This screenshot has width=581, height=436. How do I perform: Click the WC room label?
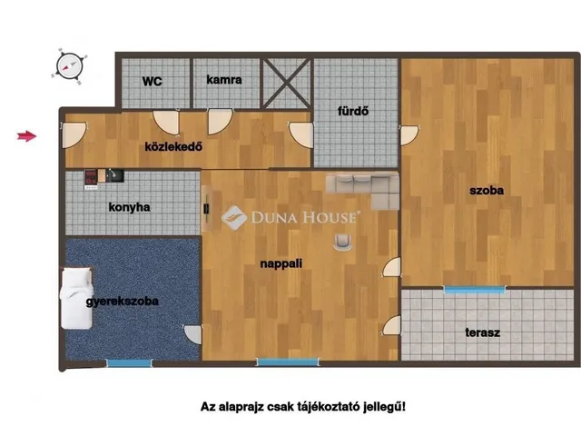click(x=151, y=80)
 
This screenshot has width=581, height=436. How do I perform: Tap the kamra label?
click(x=223, y=80)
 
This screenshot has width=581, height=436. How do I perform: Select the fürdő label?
click(x=352, y=113)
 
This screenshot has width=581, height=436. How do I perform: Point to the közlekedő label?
click(x=172, y=146)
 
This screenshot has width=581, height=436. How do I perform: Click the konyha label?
click(x=129, y=207)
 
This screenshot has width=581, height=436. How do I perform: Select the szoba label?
click(x=486, y=191)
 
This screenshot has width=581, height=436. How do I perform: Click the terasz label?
click(x=482, y=332)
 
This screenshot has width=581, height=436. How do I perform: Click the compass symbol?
click(x=69, y=64)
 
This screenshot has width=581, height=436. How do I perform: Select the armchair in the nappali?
click(x=344, y=240)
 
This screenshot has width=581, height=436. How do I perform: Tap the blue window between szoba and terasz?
click(x=475, y=289)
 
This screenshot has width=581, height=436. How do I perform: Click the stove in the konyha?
click(x=93, y=176)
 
